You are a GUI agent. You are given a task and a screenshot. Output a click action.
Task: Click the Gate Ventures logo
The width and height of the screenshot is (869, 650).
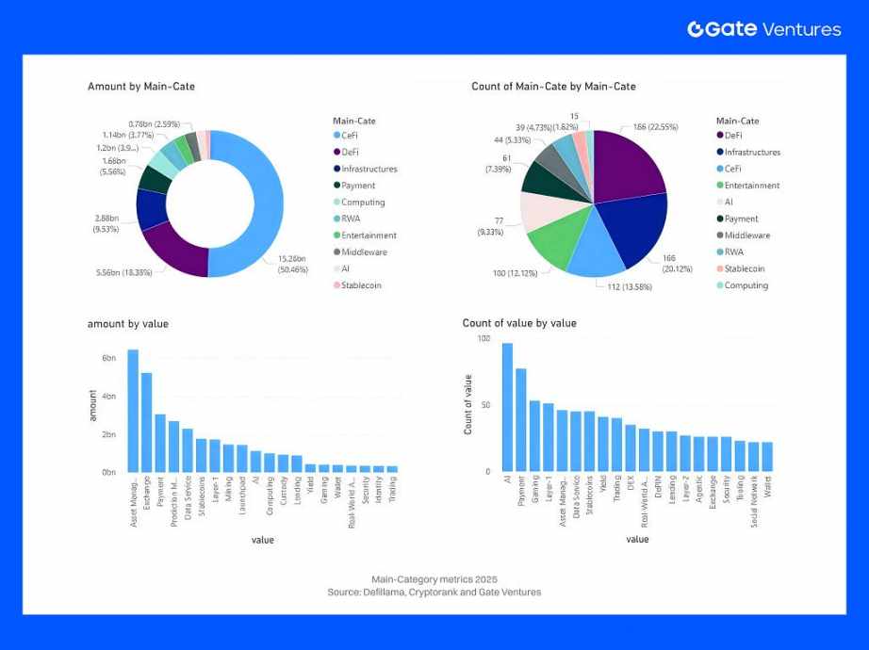(x=763, y=29)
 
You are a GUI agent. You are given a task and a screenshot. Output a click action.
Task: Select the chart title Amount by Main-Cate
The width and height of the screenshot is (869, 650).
(x=141, y=87)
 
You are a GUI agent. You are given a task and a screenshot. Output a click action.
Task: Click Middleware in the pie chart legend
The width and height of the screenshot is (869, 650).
(x=746, y=236)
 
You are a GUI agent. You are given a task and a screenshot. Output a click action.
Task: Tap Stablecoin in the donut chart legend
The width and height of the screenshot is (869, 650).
(x=361, y=285)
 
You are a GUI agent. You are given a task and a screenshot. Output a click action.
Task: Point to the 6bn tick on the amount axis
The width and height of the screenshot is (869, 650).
(x=108, y=358)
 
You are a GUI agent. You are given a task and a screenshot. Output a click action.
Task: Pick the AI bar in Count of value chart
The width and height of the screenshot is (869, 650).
(x=507, y=407)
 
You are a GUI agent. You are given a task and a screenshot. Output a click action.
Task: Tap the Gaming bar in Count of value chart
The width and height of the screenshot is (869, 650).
(x=534, y=435)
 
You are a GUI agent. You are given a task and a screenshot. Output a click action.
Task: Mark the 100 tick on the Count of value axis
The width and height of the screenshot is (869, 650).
(x=484, y=338)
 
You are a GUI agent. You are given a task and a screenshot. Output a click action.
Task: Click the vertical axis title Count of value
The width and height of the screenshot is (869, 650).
(x=468, y=404)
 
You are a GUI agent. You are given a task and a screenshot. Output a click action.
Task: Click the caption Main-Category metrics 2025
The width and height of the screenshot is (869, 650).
(x=434, y=578)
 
